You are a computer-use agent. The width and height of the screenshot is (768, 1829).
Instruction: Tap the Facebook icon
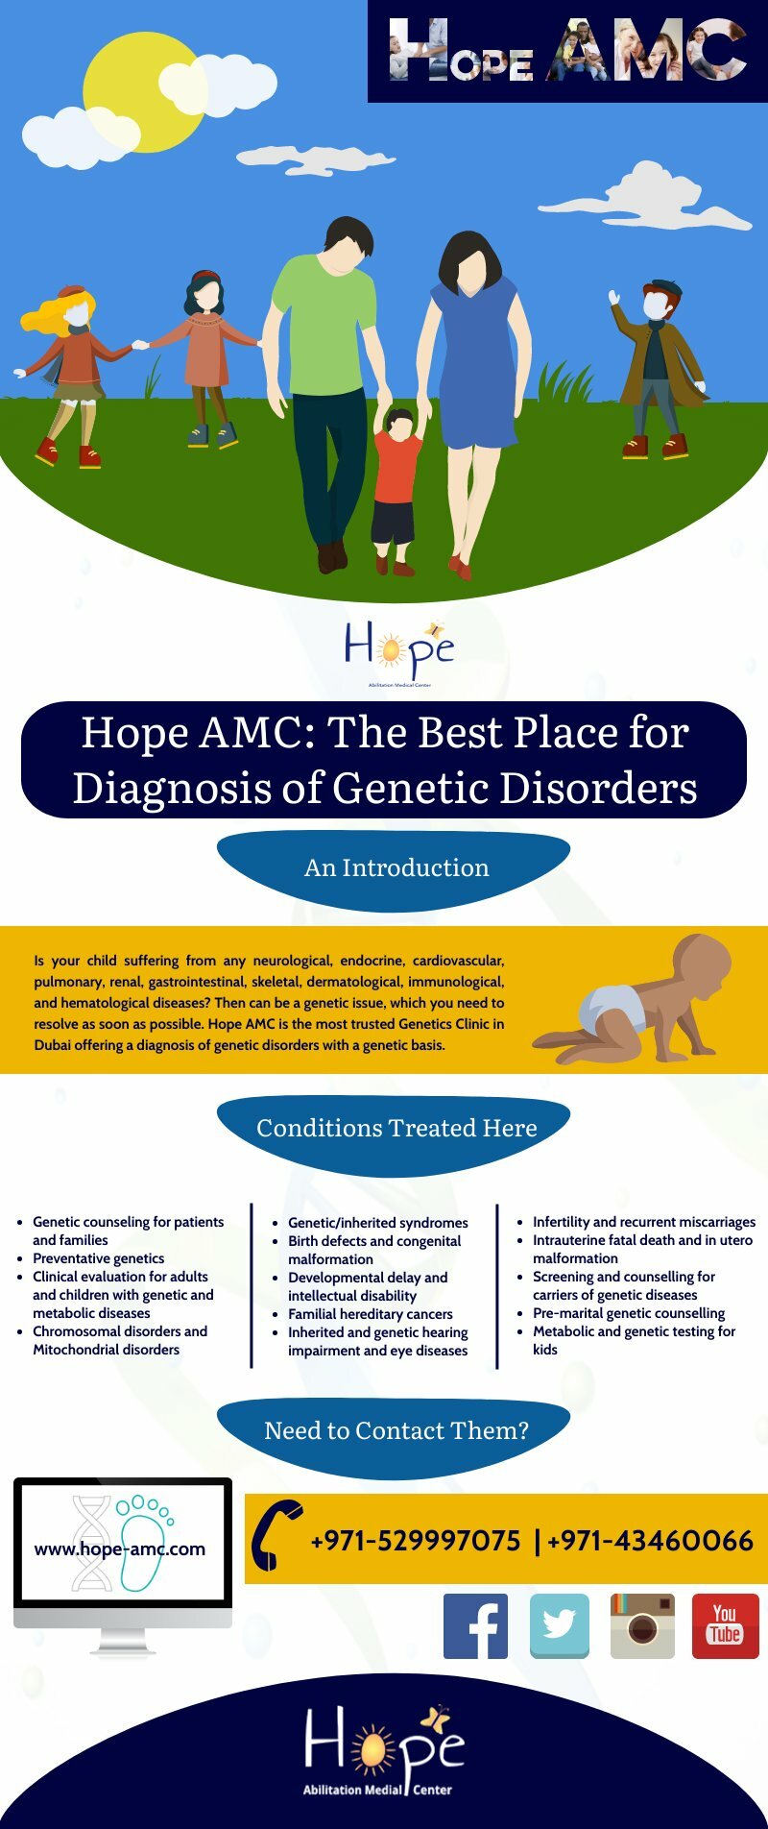coord(475,1626)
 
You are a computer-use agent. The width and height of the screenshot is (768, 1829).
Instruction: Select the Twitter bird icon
coord(560,1625)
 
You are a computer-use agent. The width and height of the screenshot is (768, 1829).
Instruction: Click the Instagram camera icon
coord(642,1625)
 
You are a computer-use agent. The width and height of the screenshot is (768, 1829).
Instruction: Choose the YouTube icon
coord(725,1625)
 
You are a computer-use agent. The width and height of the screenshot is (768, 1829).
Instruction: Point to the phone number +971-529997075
coord(415,1541)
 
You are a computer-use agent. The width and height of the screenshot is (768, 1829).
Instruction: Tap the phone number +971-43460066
coord(650,1541)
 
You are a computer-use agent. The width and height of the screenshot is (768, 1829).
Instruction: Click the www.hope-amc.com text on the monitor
coord(120,1549)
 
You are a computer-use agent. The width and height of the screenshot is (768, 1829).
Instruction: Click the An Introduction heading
coord(396,867)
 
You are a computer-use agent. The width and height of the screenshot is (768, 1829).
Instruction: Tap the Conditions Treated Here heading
coord(396,1128)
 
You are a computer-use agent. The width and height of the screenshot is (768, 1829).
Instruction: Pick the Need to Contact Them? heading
coord(396,1430)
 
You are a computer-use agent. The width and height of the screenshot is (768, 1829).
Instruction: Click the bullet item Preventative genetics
coord(98,1258)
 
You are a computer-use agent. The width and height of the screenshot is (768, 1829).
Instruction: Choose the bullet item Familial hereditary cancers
coord(370,1314)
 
